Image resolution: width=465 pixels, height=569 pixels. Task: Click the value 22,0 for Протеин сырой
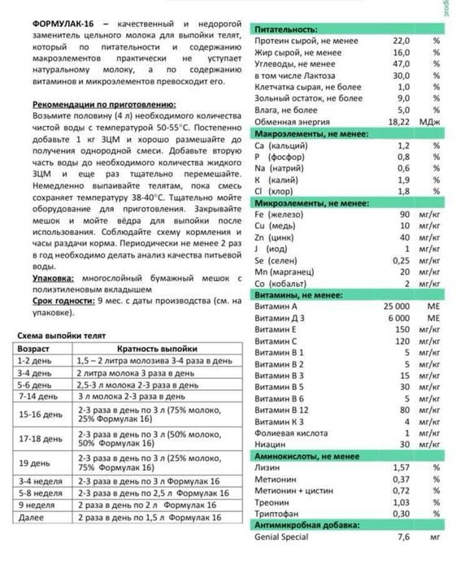(401, 40)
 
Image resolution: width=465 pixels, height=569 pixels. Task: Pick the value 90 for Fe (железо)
(404, 214)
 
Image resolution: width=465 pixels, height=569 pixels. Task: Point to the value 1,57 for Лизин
(401, 468)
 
